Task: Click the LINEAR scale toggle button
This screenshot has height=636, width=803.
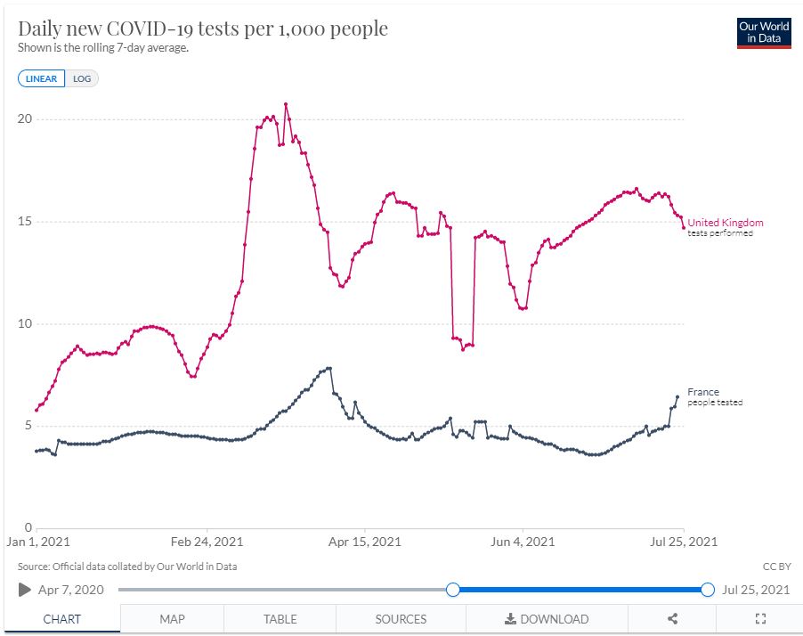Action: [41, 78]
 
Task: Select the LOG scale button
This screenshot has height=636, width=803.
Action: [82, 78]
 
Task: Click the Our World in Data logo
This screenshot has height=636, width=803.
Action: [764, 32]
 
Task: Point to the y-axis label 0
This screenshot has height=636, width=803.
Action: [28, 528]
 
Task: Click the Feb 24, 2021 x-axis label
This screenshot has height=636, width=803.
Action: [207, 542]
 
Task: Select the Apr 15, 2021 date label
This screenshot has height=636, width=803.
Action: [364, 542]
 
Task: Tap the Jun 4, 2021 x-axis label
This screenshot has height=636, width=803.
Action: [523, 542]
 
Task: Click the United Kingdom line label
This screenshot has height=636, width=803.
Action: [725, 223]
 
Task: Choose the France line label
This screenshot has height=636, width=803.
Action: [703, 392]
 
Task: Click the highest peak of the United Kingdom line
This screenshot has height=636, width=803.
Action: [286, 104]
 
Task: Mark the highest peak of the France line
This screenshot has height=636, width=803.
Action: [329, 368]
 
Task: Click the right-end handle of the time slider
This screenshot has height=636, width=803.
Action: [708, 589]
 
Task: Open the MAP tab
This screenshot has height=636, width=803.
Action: [172, 619]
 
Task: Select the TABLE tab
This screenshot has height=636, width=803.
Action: [280, 619]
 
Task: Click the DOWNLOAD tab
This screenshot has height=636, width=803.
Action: [547, 619]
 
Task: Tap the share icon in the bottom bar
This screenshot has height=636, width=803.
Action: [673, 619]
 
